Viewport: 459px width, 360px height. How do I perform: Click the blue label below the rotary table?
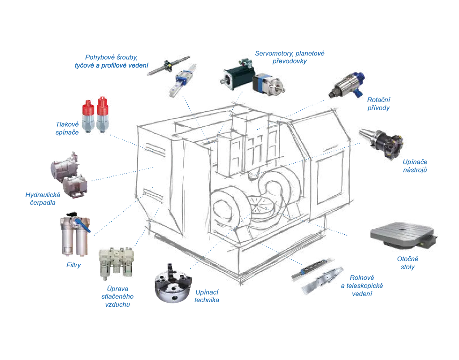tap(407, 263)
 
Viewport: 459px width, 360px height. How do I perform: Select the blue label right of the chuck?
tap(208, 296)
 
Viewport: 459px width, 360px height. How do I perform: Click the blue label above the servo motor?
tap(290, 57)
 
